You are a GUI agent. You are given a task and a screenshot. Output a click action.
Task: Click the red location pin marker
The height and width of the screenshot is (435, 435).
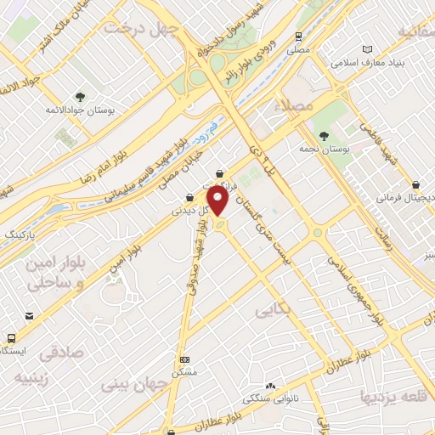point(220,201)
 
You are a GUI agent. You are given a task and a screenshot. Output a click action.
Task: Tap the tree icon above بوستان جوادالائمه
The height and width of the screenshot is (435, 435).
point(81,97)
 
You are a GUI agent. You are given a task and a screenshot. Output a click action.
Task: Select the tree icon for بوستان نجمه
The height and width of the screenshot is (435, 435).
point(323,136)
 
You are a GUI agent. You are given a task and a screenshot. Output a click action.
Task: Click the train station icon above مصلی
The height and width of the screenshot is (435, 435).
point(298,37)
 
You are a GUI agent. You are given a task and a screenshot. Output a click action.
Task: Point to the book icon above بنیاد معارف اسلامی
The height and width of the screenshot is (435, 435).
point(366,49)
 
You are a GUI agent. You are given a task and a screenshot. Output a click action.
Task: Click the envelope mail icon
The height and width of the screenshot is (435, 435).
point(30,316)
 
